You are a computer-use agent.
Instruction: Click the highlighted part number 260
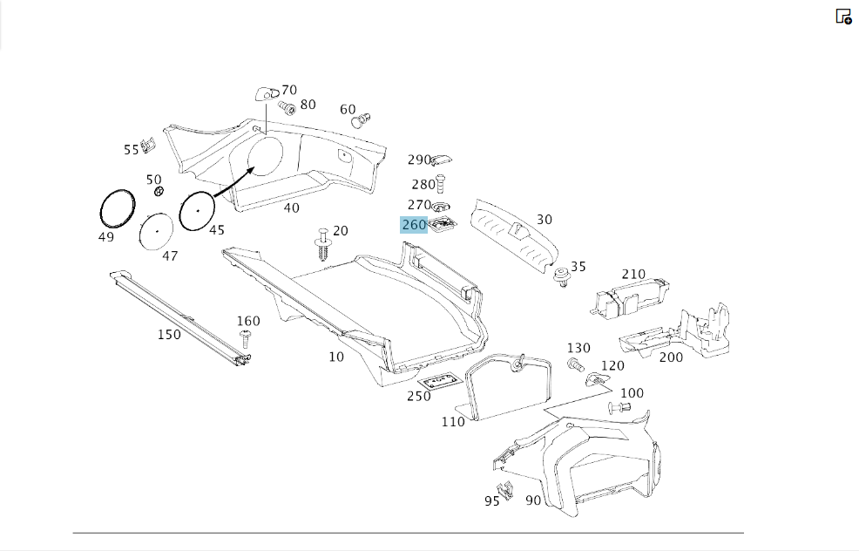414,225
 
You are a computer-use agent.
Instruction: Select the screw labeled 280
440,184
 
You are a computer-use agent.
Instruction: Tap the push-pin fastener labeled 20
322,244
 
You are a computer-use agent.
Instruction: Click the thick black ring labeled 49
118,207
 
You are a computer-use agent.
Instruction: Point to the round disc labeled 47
156,231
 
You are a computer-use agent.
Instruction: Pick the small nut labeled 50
159,191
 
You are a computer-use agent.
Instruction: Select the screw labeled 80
287,107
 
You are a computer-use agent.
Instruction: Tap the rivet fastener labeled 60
361,120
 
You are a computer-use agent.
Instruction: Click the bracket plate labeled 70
267,94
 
